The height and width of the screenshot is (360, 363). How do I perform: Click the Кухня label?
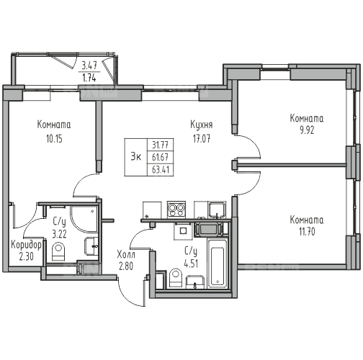(202, 125)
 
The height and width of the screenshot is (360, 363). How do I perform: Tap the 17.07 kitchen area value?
(202, 138)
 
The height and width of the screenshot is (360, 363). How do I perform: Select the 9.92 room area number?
(307, 130)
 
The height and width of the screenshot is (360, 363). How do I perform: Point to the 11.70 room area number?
(307, 232)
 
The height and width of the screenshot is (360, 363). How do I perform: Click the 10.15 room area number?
(54, 139)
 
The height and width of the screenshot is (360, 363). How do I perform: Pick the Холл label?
(126, 254)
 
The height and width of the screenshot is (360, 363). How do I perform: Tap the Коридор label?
(26, 245)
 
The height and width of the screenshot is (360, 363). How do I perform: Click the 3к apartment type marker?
(136, 157)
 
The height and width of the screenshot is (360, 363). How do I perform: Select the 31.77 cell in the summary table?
(161, 145)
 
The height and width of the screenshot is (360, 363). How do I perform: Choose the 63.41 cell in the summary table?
(161, 170)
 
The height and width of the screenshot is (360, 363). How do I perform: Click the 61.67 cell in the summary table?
(161, 158)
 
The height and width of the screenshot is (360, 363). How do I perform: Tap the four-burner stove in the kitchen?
(176, 210)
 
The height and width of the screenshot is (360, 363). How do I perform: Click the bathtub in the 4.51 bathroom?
(218, 264)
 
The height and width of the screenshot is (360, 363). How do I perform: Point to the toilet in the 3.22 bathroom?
(58, 251)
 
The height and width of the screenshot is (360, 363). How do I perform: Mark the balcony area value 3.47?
(89, 65)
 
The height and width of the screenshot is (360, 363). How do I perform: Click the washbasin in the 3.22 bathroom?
(91, 246)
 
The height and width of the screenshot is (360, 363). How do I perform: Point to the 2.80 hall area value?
(126, 266)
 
